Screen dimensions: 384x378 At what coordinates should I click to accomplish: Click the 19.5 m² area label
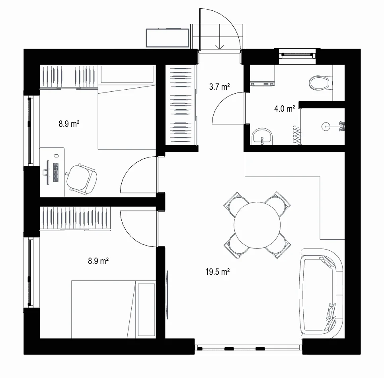pyautogui.click(x=218, y=272)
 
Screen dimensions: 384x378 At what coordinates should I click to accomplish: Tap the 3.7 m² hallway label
pyautogui.click(x=219, y=87)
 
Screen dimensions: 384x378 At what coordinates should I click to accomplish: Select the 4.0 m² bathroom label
pyautogui.click(x=285, y=108)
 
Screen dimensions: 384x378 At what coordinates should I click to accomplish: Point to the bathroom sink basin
pyautogui.click(x=262, y=136)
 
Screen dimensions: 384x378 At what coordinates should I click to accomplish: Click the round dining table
pyautogui.click(x=257, y=225)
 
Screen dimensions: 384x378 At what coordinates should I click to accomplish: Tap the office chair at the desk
pyautogui.click(x=81, y=179)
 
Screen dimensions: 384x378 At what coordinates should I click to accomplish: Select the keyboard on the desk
pyautogui.click(x=56, y=173)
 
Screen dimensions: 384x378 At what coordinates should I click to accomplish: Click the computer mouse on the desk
pyautogui.click(x=56, y=156)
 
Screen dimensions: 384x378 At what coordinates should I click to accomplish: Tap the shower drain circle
pyautogui.click(x=325, y=127)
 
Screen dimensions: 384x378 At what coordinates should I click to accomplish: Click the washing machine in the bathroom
pyautogui.click(x=262, y=75)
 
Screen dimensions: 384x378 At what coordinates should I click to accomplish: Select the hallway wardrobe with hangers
pyautogui.click(x=181, y=105)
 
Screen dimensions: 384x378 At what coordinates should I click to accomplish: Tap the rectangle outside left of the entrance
pyautogui.click(x=167, y=38)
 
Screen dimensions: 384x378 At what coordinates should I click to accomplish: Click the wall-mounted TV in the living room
pyautogui.click(x=167, y=295)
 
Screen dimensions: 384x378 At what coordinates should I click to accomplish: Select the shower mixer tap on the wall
pyautogui.click(x=342, y=126)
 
